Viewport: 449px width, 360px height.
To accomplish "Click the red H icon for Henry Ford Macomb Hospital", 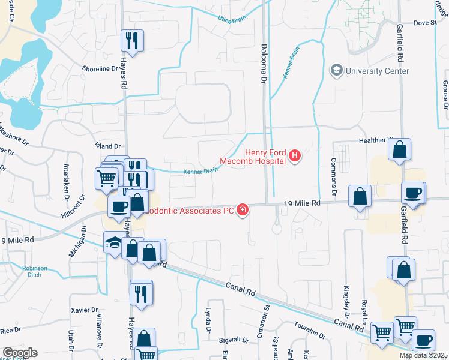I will pos(294,157).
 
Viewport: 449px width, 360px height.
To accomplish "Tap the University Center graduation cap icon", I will pos(336,71).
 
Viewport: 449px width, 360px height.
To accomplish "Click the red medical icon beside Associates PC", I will pos(243,210).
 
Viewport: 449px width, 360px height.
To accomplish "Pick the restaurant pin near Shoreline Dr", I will pos(132,41).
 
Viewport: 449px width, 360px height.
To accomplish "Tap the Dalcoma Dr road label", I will pos(263,62).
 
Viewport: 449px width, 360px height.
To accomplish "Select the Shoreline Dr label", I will pos(100,68).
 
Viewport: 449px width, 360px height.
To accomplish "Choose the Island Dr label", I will pos(109,146).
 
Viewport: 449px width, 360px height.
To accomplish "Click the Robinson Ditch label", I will pos(34,271).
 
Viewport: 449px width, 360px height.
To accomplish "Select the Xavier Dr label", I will pos(84,310).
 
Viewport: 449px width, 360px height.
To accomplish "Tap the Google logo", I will pos(20,353).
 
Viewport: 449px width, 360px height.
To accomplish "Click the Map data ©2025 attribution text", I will pos(423,355).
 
